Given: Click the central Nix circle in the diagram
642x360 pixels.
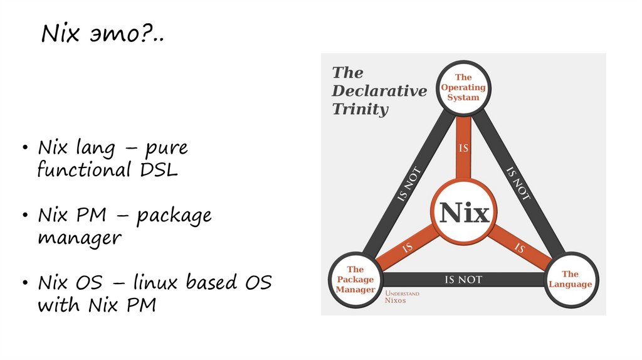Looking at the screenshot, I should (464, 213).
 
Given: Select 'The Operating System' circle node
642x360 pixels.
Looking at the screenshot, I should (463, 88).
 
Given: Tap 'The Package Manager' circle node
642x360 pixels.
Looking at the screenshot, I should (355, 280).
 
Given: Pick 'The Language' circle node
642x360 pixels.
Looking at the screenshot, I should (570, 279).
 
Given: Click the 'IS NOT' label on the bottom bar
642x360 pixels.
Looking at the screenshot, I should (463, 280).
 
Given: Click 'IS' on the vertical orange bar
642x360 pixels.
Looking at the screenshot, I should (464, 149).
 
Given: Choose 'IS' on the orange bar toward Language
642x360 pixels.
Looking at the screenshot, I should (520, 248).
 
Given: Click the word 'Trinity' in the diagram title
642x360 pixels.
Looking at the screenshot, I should (360, 109).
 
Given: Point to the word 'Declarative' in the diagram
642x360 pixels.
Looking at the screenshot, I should (379, 91).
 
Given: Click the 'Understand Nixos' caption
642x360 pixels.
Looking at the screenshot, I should (401, 297).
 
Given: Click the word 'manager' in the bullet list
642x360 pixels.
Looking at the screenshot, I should (79, 238).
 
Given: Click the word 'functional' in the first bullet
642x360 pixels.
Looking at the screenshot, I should (80, 169).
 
